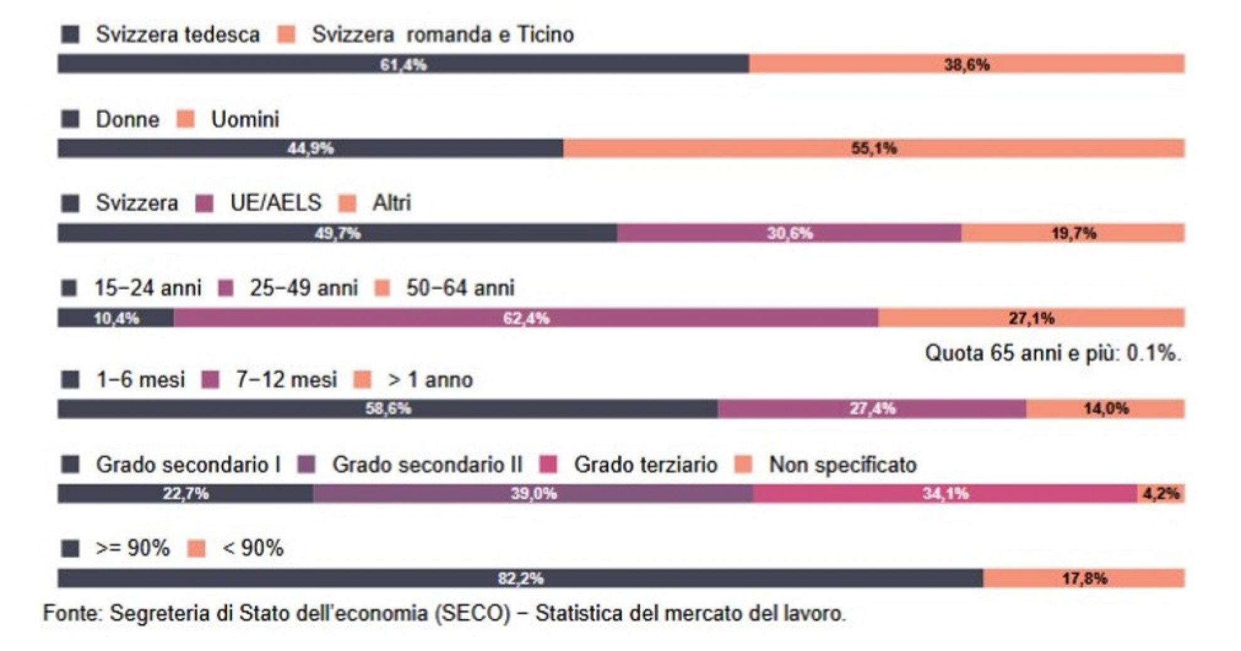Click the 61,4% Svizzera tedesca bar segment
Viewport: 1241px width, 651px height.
point(403,64)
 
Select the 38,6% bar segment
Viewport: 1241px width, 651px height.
point(966,64)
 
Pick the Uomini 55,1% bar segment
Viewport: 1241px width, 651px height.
point(874,148)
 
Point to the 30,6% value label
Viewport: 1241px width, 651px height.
point(790,234)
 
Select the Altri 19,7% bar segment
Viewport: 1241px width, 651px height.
point(1073,234)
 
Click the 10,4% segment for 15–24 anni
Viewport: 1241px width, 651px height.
point(116,318)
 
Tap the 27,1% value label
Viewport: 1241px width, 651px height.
point(1032,318)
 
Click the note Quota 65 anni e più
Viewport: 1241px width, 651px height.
point(1053,353)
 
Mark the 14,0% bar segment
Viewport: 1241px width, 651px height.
point(1106,409)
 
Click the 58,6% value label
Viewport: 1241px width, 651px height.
point(389,409)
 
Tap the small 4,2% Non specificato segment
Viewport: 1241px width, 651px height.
point(1161,494)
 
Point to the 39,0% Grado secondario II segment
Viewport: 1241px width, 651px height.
point(533,494)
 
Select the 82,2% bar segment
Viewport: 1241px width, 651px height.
point(520,578)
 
